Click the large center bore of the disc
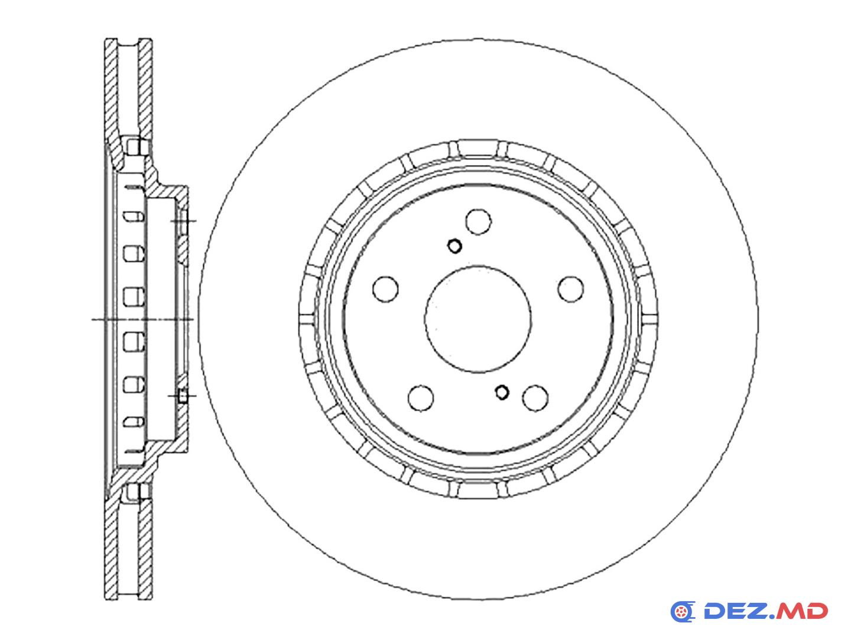[x=478, y=319]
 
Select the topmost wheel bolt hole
[x=479, y=222]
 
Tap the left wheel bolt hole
[x=385, y=289]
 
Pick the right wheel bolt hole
[x=571, y=289]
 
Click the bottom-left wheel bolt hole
[x=421, y=398]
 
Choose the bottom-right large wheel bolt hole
[x=535, y=398]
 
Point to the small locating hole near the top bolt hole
[x=454, y=246]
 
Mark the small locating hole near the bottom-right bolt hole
[x=502, y=392]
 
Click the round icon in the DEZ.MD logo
[x=683, y=612]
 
